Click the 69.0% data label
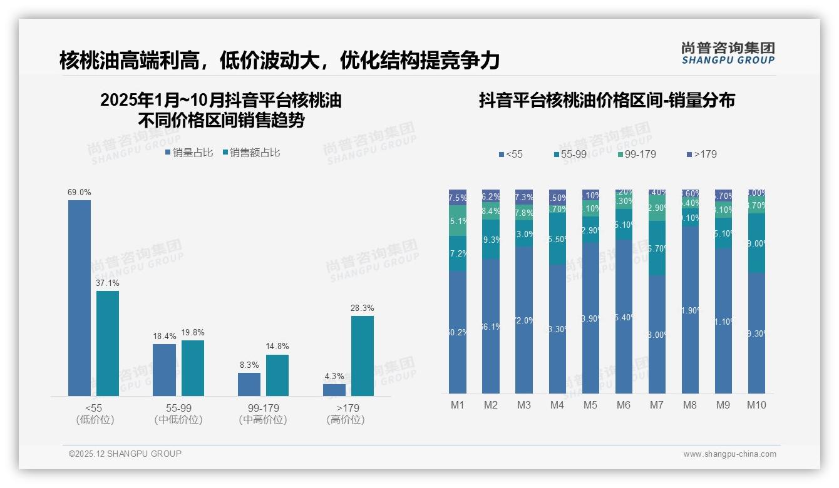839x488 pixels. click(x=80, y=193)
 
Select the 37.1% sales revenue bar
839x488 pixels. click(x=107, y=343)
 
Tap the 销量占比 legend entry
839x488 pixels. click(x=189, y=153)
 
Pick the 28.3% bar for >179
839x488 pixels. click(x=362, y=355)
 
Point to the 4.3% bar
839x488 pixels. click(x=334, y=390)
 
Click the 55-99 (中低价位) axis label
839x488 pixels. click(x=178, y=414)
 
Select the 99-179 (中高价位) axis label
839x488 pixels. click(x=263, y=414)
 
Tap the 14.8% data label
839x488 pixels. click(x=277, y=347)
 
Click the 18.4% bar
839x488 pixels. click(x=164, y=370)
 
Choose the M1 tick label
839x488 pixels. click(x=458, y=405)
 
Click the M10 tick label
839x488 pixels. click(x=756, y=405)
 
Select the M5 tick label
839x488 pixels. click(x=590, y=405)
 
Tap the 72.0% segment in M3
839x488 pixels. click(x=524, y=320)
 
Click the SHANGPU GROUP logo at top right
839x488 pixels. click(x=728, y=53)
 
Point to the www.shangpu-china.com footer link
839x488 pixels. click(x=729, y=454)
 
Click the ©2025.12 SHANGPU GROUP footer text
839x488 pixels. click(x=125, y=454)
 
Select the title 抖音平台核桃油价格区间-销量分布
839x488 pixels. click(x=607, y=100)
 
